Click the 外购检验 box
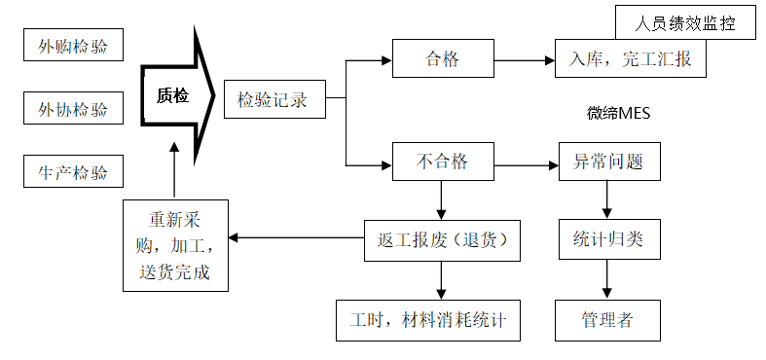[x=73, y=46]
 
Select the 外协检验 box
[x=73, y=108]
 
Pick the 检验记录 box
[x=274, y=99]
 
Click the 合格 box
[x=442, y=59]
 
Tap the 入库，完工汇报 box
[x=631, y=59]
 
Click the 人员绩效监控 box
[x=685, y=22]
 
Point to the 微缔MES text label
[x=618, y=113]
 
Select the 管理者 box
[x=609, y=318]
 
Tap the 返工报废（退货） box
[x=442, y=238]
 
